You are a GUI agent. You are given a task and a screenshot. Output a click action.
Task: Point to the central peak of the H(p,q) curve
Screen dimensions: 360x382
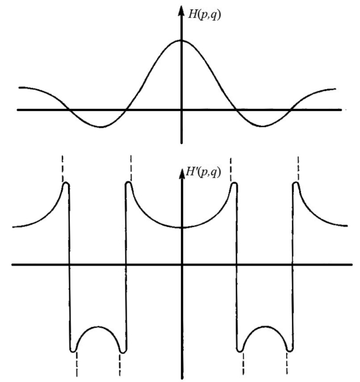click(x=181, y=40)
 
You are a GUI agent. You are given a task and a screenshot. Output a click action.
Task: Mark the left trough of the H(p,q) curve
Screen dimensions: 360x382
click(x=101, y=127)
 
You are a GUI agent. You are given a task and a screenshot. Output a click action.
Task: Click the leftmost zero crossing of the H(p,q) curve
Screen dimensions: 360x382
click(x=69, y=110)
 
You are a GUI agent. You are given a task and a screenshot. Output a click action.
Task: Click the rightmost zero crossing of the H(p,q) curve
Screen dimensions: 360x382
click(x=294, y=110)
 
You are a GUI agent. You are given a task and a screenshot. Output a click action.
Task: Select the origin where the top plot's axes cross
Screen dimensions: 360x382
click(x=181, y=110)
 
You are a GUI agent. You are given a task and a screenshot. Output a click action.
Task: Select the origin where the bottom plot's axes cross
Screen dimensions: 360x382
click(x=181, y=264)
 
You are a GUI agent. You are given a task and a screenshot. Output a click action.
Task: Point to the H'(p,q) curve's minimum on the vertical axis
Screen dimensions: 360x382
click(x=181, y=228)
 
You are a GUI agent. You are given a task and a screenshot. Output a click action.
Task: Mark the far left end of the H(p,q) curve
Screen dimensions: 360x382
click(x=20, y=88)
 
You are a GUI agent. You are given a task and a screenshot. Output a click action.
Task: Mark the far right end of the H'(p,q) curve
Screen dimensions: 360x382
click(x=348, y=226)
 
